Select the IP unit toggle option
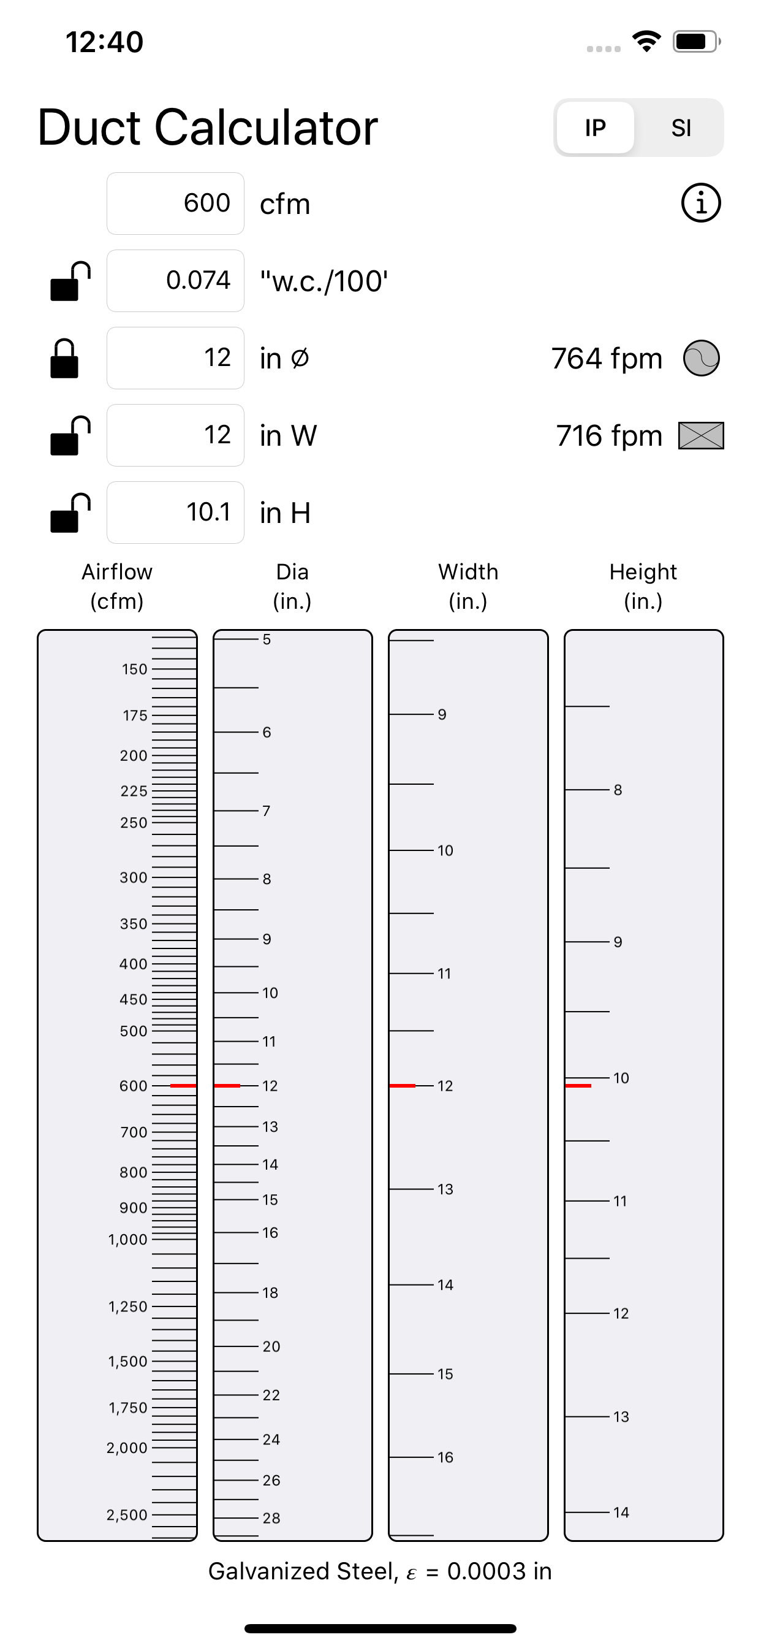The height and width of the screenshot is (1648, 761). [595, 128]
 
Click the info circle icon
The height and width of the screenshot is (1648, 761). [701, 204]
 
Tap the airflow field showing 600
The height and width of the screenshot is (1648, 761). [175, 204]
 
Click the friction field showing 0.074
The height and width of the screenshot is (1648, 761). [175, 281]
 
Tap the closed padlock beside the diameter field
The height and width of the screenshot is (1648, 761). [64, 359]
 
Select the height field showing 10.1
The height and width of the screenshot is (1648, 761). [175, 513]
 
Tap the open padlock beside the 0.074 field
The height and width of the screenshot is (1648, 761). [69, 281]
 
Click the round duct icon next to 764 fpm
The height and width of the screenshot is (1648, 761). [701, 358]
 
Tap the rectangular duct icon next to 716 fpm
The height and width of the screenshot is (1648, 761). [701, 436]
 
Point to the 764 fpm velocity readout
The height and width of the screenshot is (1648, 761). [606, 359]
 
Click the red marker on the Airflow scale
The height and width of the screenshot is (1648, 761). [183, 1086]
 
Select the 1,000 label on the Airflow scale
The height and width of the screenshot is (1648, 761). [128, 1240]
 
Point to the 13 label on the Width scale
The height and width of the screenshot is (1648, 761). [445, 1189]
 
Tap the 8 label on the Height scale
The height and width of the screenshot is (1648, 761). [618, 790]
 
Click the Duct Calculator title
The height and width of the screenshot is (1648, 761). [208, 128]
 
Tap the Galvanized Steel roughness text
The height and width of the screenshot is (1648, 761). [380, 1571]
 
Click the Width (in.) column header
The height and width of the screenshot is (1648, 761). [468, 586]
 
